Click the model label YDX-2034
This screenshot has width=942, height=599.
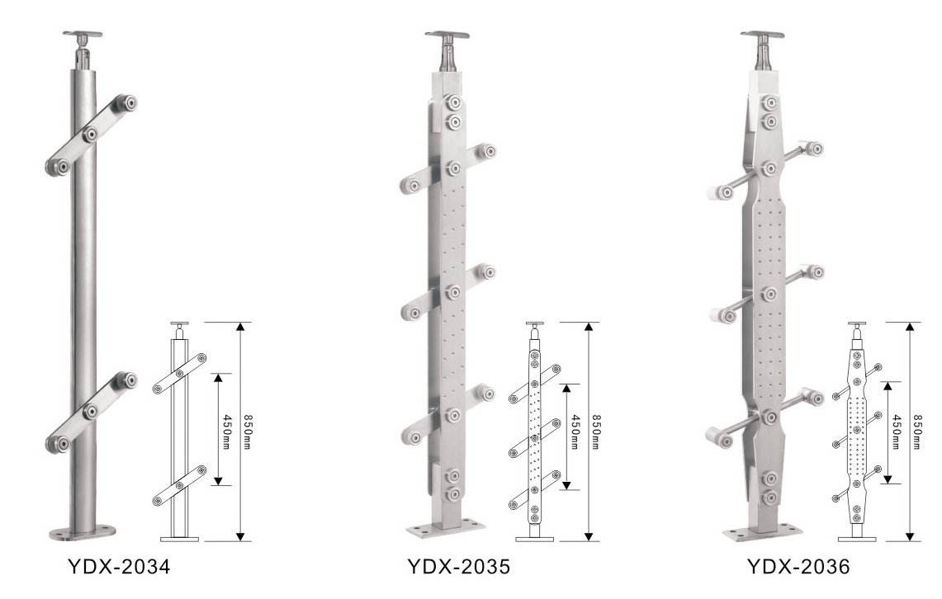[118, 566]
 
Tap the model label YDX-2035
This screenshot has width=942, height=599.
[458, 566]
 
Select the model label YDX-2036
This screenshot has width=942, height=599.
[798, 566]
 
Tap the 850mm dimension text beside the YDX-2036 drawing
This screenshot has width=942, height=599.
[917, 432]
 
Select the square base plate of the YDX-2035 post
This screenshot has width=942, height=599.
[446, 530]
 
